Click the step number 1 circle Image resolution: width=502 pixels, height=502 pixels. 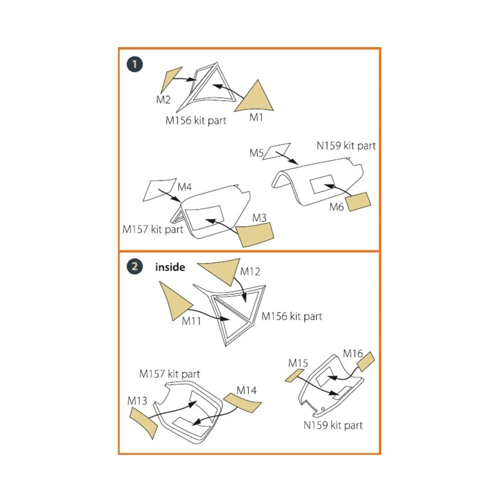click(x=135, y=64)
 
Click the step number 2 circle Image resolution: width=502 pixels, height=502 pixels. click(x=135, y=266)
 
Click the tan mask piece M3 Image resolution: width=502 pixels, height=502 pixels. click(x=255, y=235)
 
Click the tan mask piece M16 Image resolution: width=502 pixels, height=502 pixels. click(x=365, y=361)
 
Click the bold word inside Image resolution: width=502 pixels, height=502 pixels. click(x=170, y=267)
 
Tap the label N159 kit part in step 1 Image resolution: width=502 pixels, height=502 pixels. click(x=346, y=146)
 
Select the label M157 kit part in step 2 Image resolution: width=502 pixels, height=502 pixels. click(x=169, y=374)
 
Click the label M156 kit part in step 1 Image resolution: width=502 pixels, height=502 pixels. click(x=196, y=120)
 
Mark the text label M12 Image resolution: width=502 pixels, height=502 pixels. click(x=250, y=271)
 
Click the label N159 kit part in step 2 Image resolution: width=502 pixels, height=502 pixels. click(x=333, y=425)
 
